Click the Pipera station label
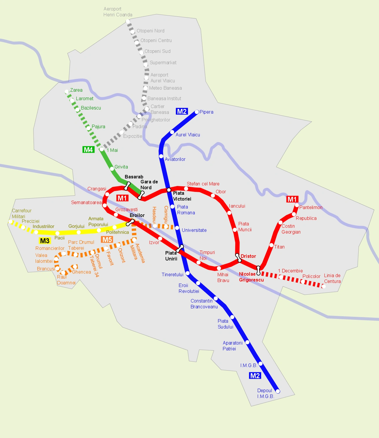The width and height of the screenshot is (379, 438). tap(206, 112)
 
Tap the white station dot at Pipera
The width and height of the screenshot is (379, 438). tap(197, 112)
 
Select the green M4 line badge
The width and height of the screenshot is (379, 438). tap(88, 150)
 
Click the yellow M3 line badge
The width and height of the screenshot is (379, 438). tap(45, 241)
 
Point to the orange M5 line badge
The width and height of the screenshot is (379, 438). tap(107, 240)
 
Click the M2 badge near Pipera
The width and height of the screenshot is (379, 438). tap(182, 112)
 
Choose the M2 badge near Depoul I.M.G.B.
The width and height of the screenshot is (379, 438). tap(255, 376)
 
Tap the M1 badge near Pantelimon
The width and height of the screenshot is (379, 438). tap(292, 199)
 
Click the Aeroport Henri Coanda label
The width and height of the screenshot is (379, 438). tap(117, 12)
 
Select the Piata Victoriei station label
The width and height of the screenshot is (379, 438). tap(182, 196)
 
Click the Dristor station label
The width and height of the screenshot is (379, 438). tap(248, 256)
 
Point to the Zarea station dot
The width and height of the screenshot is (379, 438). tap(67, 91)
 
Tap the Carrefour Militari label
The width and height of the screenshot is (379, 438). tap(21, 213)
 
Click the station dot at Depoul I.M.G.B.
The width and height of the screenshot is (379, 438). tap(278, 391)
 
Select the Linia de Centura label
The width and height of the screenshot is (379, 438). tap(332, 278)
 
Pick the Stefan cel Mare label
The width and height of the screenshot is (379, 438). tap(203, 184)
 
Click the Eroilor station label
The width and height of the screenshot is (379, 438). tap(137, 215)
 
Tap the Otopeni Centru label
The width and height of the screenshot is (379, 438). tap(156, 41)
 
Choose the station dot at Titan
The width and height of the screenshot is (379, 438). tap(271, 245)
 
